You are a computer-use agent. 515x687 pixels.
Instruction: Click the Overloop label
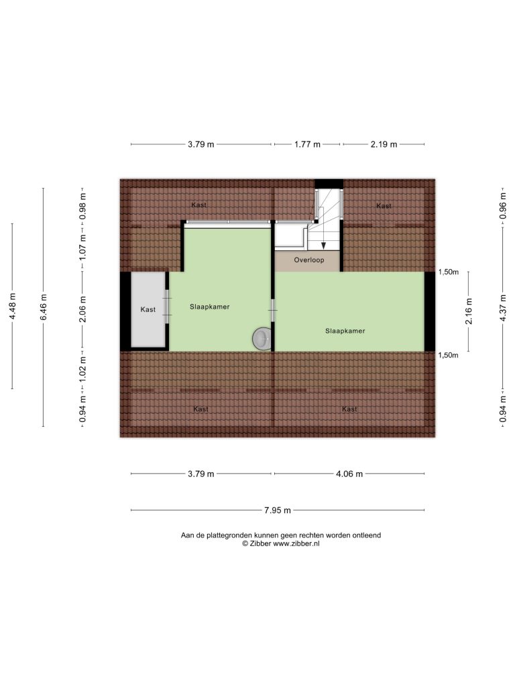[308, 260]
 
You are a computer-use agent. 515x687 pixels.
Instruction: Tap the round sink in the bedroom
[262, 338]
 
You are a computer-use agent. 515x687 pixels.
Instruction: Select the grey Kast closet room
[148, 310]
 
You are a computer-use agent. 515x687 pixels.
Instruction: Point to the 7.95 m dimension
[278, 510]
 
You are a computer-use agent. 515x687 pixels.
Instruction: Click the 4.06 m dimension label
[349, 474]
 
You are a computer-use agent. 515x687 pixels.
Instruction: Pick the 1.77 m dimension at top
[307, 144]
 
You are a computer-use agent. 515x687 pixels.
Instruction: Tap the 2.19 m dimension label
[384, 144]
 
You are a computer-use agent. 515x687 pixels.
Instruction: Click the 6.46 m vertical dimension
[44, 307]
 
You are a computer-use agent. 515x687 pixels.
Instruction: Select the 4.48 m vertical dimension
[13, 306]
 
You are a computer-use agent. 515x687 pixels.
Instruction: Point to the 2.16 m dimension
[469, 311]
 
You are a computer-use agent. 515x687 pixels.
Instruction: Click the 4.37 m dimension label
[503, 307]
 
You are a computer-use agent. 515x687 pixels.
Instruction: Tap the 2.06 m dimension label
[82, 309]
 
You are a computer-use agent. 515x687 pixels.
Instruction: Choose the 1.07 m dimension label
[82, 246]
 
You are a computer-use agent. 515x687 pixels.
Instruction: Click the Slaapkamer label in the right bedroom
[345, 331]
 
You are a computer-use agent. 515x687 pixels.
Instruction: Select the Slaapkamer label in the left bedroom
[210, 307]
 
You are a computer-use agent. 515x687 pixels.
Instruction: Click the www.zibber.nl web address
[296, 543]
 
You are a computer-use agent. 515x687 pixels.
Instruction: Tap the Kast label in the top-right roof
[384, 205]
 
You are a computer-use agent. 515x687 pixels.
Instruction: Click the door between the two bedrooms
[273, 310]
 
